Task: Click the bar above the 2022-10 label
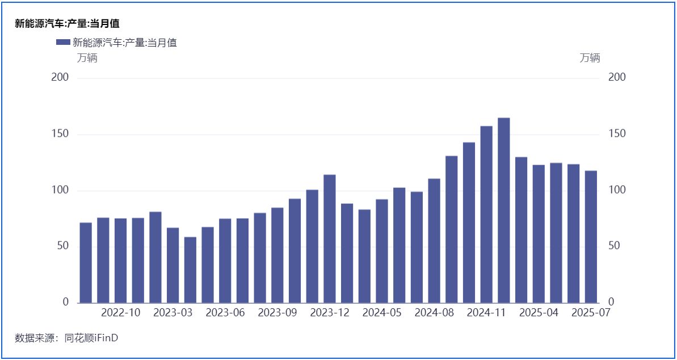[x=120, y=261]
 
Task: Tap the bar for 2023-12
[x=330, y=238]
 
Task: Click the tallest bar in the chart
[x=504, y=210]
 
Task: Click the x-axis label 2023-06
[x=225, y=313]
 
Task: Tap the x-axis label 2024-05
[x=382, y=313]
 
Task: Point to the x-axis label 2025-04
[x=539, y=313]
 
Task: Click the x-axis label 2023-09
[x=277, y=313]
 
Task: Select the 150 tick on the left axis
[x=60, y=134]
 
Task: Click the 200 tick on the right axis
[x=616, y=78]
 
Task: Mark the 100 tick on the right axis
[x=616, y=190]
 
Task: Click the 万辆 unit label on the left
[x=87, y=58]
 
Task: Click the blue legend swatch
[x=63, y=42]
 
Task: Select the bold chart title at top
[x=67, y=24]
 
